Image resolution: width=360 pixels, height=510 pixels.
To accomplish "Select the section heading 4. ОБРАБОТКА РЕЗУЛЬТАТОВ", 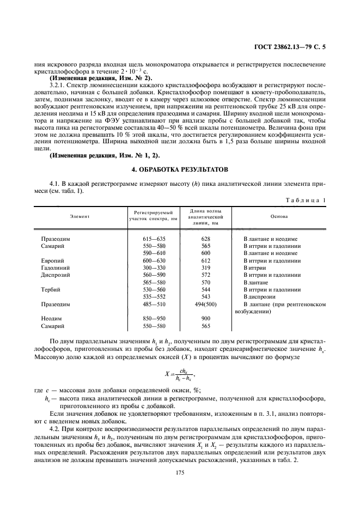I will (180, 169).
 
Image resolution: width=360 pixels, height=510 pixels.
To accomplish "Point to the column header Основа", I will (279, 216).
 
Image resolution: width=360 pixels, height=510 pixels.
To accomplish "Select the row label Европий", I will (53, 261).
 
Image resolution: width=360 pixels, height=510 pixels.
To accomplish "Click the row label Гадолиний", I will (56, 268).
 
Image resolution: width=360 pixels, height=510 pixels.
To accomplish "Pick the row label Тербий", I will (52, 289).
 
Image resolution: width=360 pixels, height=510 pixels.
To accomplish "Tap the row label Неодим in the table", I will (52, 318).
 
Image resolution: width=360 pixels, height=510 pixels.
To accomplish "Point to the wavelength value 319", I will (205, 268).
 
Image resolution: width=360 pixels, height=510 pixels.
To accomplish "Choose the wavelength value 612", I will (205, 261).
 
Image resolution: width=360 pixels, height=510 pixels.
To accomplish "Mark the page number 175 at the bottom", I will (180, 473).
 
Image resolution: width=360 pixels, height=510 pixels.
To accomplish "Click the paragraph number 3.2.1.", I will (57, 86).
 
